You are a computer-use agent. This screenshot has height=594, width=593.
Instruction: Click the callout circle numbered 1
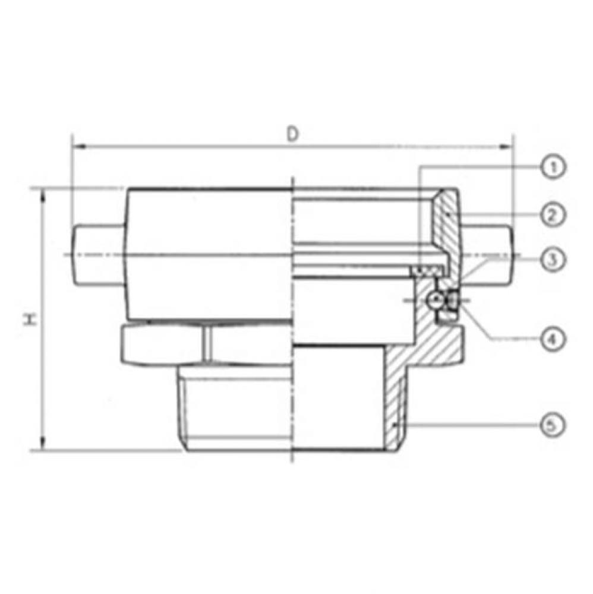(x=552, y=167)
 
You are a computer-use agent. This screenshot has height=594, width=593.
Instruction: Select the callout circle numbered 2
(x=552, y=214)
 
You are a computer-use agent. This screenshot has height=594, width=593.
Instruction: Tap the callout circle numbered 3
(x=552, y=259)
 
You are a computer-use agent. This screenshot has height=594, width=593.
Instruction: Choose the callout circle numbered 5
(x=552, y=425)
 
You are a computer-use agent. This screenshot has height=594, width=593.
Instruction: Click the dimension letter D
(x=292, y=134)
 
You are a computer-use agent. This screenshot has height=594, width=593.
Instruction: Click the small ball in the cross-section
(x=437, y=300)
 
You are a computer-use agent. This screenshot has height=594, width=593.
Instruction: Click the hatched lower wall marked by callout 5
(x=395, y=404)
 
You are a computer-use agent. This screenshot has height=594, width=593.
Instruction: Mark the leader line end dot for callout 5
(x=396, y=425)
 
